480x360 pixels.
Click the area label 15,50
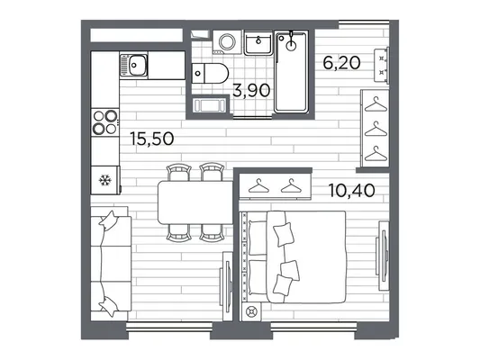coord(152,139)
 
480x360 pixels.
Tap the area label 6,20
coord(341,63)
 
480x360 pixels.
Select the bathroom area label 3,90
coord(251,91)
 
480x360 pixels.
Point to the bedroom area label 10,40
coord(351,190)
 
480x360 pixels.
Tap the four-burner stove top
coord(105,122)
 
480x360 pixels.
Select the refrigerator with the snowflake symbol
coord(105,180)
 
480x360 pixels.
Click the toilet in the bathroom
coord(210,74)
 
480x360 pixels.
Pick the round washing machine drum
coord(227,41)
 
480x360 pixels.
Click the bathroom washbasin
coord(258,43)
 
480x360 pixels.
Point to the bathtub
coord(291,72)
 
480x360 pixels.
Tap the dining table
coord(195,202)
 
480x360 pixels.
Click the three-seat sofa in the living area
coord(111,264)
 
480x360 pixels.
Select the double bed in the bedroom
coord(293,256)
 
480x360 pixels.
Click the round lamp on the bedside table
coord(251,312)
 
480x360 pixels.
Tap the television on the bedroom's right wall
coord(384,256)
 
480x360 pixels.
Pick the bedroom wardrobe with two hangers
coord(275,186)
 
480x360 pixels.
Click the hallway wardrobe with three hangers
coord(376,128)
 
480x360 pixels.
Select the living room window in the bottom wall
coord(169,327)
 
